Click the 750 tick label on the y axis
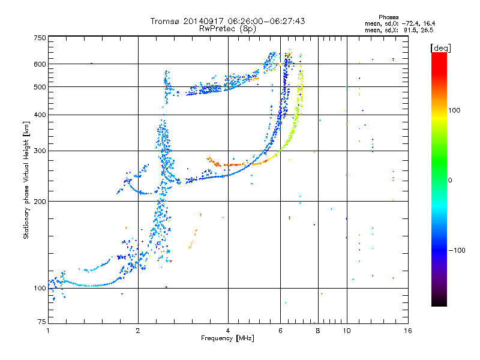(40, 38)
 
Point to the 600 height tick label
(40, 64)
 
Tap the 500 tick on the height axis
(40, 87)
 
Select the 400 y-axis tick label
(40, 115)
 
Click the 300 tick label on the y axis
(40, 151)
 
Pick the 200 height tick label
(40, 201)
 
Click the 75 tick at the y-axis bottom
(41, 322)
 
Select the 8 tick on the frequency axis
(317, 331)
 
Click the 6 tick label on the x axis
(280, 331)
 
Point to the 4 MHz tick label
(228, 331)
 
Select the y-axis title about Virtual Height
(26, 180)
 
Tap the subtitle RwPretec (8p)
(227, 28)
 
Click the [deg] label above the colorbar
(440, 47)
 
